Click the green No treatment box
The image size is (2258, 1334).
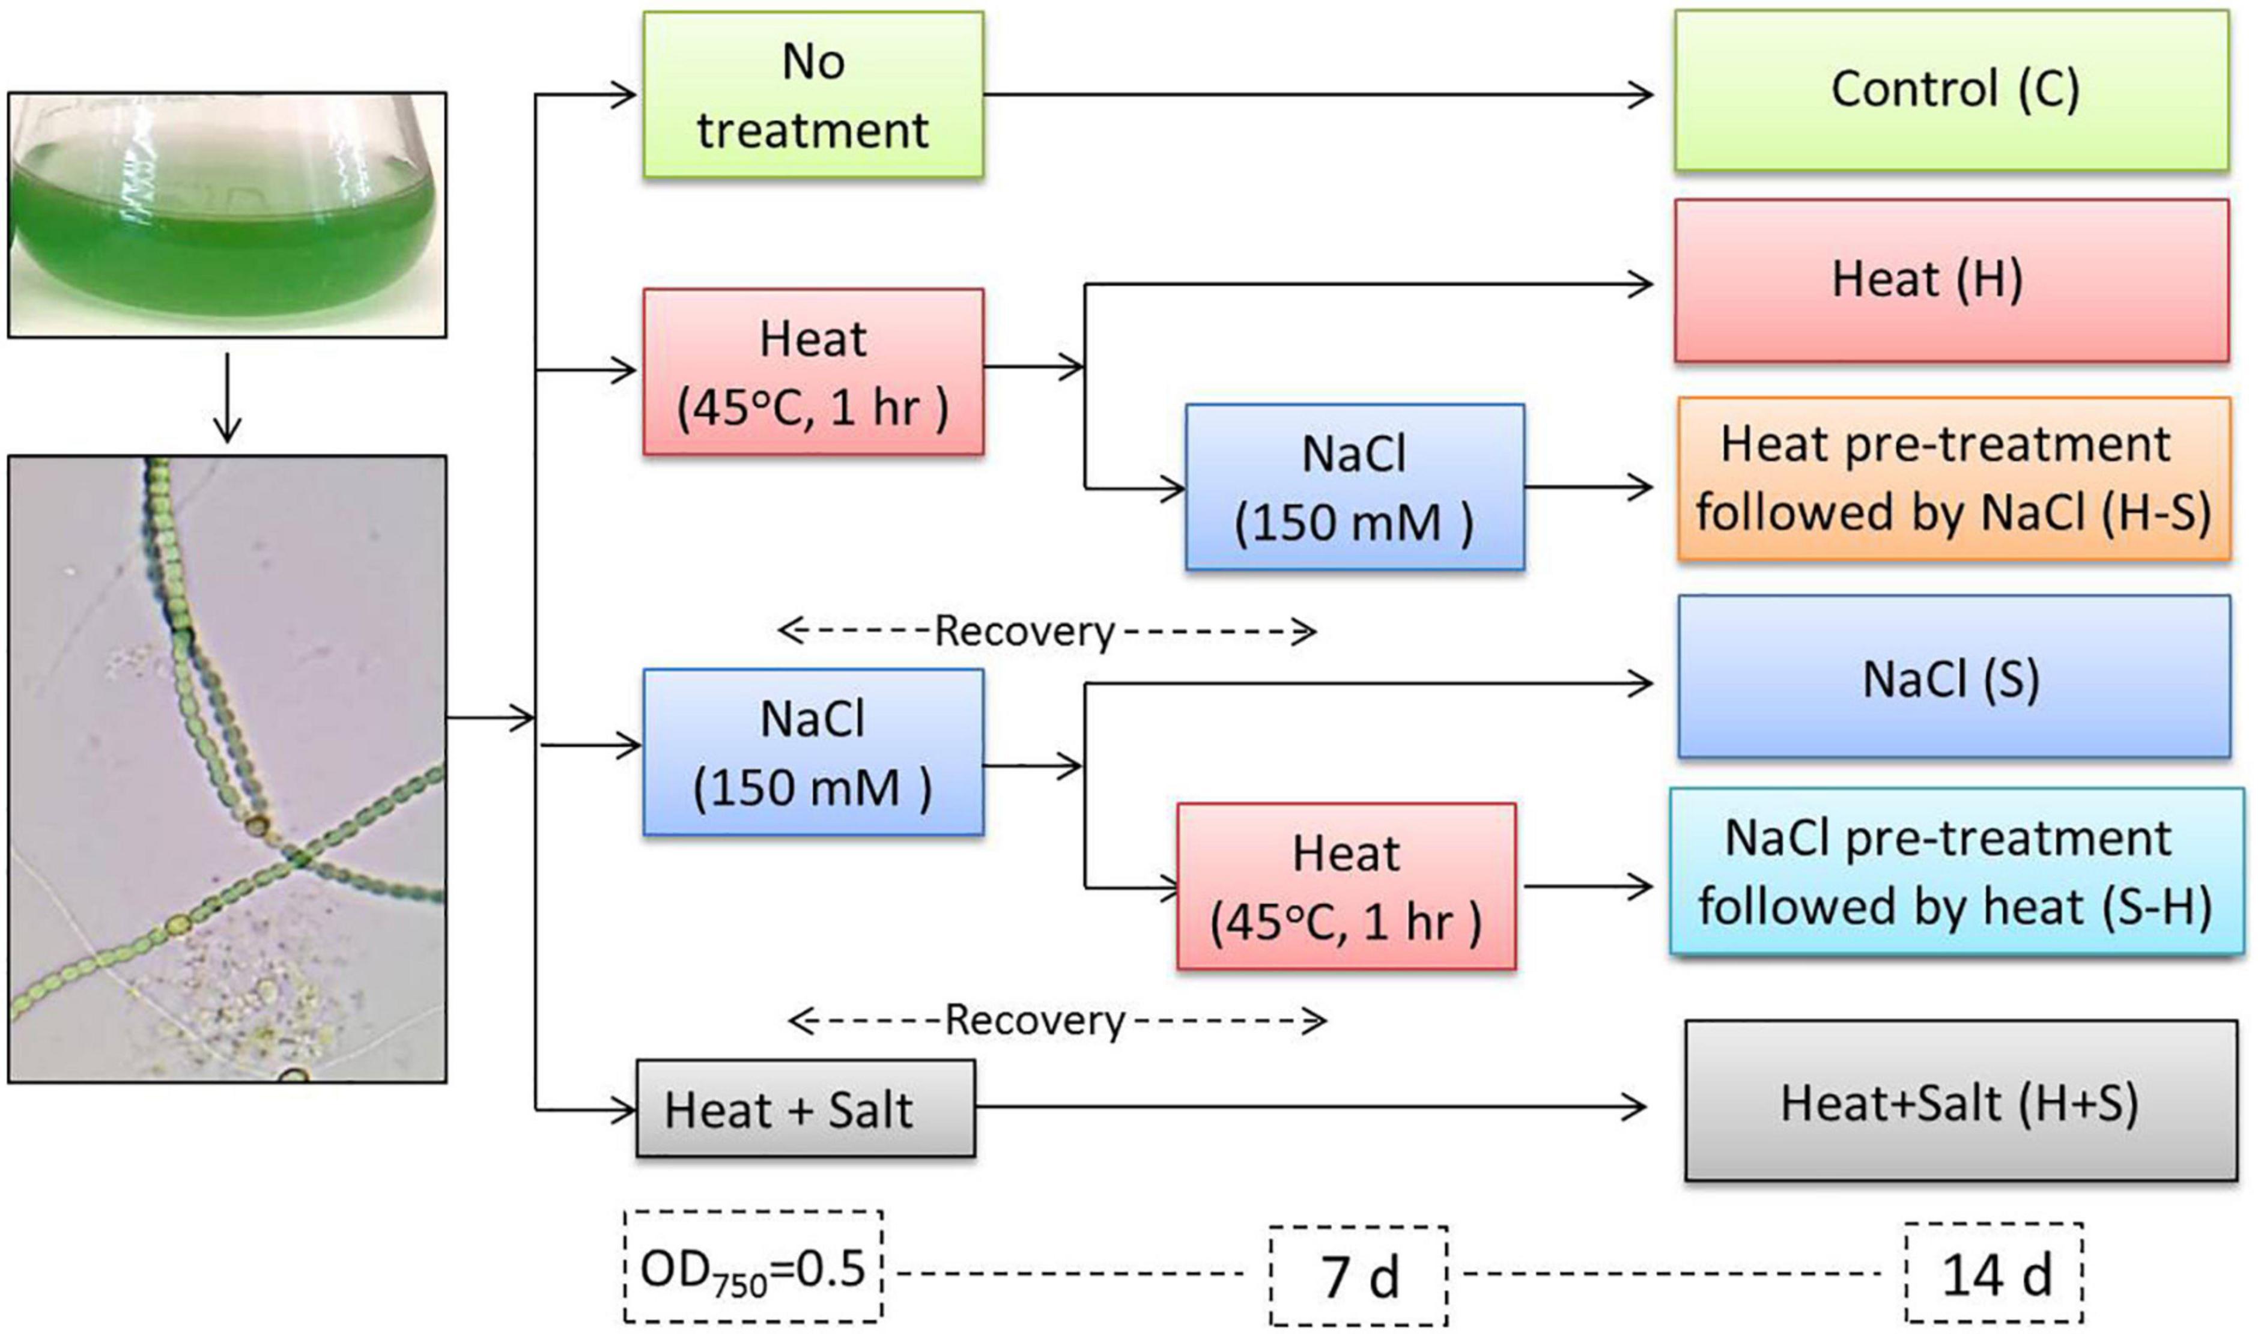(x=813, y=94)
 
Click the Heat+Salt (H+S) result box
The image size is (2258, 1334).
(x=1959, y=1100)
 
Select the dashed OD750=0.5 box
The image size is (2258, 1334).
(x=753, y=1267)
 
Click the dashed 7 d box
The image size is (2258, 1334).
(x=1358, y=1276)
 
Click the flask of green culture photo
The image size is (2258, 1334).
(x=226, y=216)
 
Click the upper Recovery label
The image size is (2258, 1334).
(x=1025, y=631)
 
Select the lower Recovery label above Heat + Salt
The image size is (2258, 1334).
(x=1034, y=1020)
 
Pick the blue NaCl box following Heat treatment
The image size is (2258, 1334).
(x=1354, y=487)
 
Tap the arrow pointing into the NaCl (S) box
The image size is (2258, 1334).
(x=1367, y=685)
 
